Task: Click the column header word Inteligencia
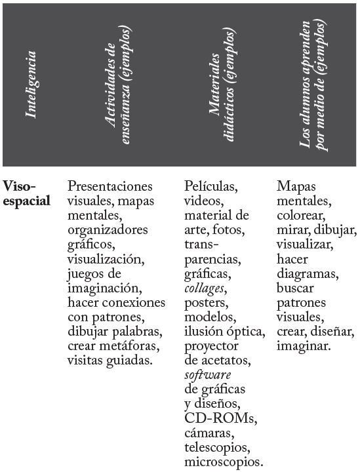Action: [31, 86]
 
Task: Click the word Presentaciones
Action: [110, 187]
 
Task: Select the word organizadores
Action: [108, 230]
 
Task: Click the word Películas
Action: [210, 188]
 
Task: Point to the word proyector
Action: [211, 346]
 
